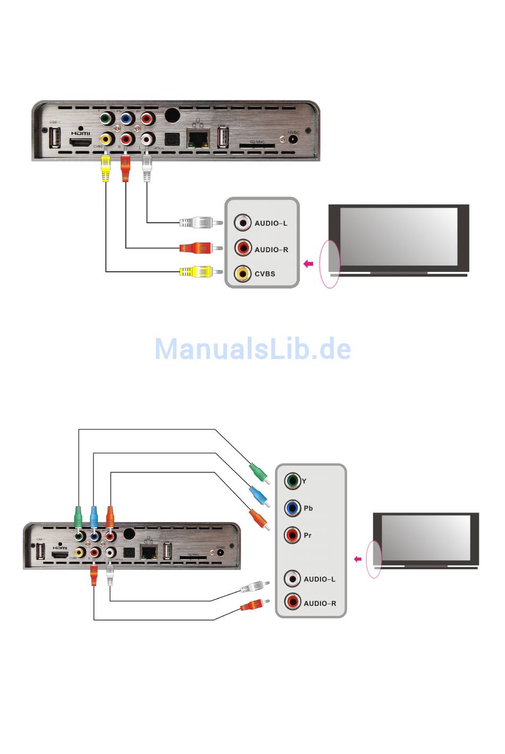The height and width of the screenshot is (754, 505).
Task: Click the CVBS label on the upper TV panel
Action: coord(265,274)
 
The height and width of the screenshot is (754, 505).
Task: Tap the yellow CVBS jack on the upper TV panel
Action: coord(243,273)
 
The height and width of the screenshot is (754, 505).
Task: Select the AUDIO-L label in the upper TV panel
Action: coord(271,224)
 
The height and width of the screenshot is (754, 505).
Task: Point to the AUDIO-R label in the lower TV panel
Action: coord(319,603)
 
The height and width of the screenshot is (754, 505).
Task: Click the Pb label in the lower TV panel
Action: coord(308,508)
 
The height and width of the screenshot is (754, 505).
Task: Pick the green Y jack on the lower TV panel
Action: coord(292,481)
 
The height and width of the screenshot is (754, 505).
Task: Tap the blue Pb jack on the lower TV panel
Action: coord(292,508)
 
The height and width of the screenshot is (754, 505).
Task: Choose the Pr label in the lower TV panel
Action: coord(308,535)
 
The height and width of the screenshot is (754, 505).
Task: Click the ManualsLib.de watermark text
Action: coord(252,349)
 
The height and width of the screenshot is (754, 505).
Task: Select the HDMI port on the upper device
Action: coord(81,142)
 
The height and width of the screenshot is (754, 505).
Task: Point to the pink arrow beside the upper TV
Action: coord(308,264)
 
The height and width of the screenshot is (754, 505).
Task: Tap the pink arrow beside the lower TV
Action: coord(358,559)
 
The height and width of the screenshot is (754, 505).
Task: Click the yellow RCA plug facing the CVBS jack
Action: coord(197,272)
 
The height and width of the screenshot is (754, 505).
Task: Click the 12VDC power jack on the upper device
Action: coord(292,140)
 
